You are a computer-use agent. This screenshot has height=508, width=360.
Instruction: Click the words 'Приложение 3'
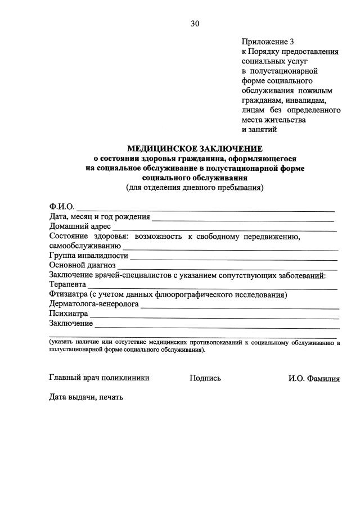point(268,42)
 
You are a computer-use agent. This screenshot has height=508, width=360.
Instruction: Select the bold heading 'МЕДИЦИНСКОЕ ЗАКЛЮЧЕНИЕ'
point(195,149)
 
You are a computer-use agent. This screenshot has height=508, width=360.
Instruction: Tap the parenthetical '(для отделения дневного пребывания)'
point(195,188)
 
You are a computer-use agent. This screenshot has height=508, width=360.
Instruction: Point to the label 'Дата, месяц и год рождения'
point(100,217)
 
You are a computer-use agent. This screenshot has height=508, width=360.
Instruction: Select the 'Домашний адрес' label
point(80,227)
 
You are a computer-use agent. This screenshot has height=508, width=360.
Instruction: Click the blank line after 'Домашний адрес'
point(225,229)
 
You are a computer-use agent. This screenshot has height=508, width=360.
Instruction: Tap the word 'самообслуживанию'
point(85,246)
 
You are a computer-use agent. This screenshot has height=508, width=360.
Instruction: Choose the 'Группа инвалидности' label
point(89,256)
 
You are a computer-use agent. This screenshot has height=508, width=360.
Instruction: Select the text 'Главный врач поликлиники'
point(99,378)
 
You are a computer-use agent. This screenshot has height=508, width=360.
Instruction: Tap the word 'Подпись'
point(205,378)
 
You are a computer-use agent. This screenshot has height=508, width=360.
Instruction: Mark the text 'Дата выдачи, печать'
point(85,397)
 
